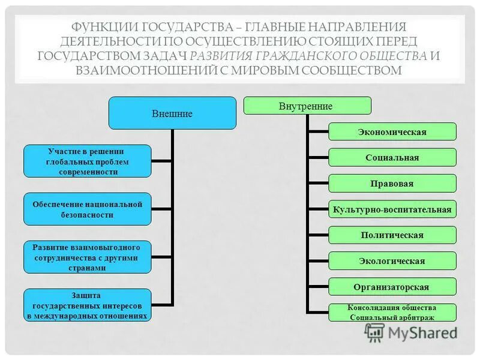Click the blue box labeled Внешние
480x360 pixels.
172,113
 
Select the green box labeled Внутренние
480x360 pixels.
307,106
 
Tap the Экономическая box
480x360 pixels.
392,131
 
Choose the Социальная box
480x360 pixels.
392,157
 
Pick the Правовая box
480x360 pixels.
392,183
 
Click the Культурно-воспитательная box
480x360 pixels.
392,209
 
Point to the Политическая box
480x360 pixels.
392,235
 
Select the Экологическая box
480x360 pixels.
392,260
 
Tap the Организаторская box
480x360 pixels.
392,287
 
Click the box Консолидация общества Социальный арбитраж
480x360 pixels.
392,312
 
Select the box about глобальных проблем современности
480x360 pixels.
87,161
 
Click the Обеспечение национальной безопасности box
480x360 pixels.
87,208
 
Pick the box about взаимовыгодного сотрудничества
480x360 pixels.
87,257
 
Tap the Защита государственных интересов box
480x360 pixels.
87,305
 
